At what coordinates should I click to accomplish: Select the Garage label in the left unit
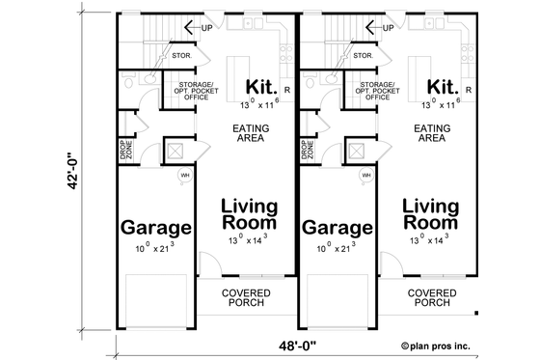click(154, 229)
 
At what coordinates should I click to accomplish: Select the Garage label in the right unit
click(337, 229)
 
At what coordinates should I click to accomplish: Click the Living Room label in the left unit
click(249, 214)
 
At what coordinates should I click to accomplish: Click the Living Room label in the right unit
click(430, 214)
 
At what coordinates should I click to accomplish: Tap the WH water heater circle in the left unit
click(185, 176)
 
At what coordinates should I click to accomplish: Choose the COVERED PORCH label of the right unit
click(431, 297)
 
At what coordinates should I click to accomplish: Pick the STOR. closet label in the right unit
click(364, 56)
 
